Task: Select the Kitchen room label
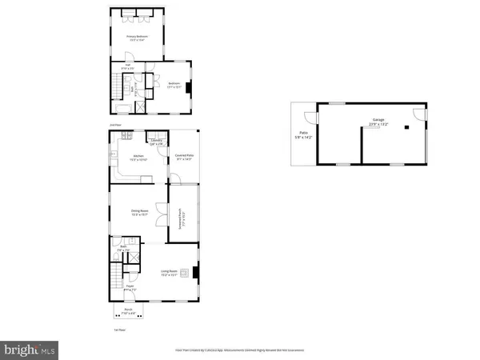[x=137, y=157]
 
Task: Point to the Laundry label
[x=157, y=142]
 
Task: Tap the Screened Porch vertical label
[x=182, y=216]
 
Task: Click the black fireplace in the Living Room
[x=192, y=274]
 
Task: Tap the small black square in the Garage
[x=406, y=126]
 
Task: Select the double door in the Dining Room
[x=162, y=215]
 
